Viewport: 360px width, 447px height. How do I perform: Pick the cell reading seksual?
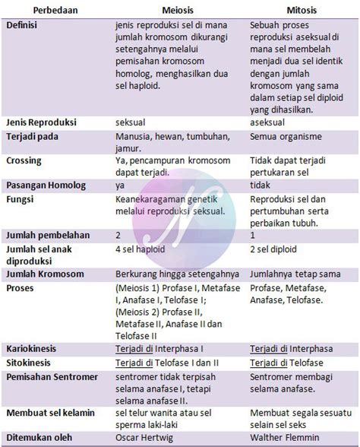131,122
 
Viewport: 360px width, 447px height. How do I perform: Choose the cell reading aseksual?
270,122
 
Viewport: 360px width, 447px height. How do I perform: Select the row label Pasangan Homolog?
46,185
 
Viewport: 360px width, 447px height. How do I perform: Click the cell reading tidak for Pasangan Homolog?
261,185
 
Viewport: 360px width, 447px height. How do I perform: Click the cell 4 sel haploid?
144,249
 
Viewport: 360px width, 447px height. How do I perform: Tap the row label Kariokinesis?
33,348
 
